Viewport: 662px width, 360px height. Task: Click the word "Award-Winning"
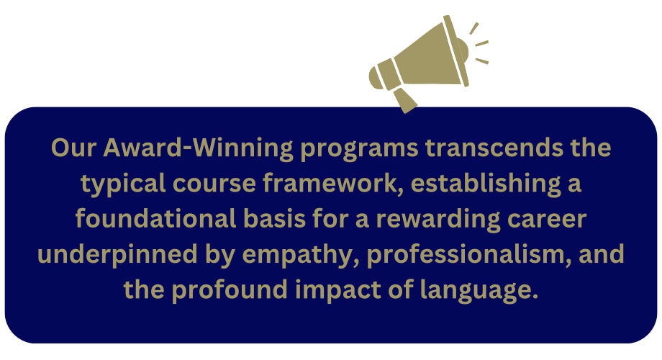(198, 148)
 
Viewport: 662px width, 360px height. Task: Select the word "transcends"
(494, 148)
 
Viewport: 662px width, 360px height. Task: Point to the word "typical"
(123, 184)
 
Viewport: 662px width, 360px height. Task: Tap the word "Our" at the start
(74, 148)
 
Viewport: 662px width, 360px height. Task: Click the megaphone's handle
(405, 101)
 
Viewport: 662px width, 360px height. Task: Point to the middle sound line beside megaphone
(481, 43)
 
